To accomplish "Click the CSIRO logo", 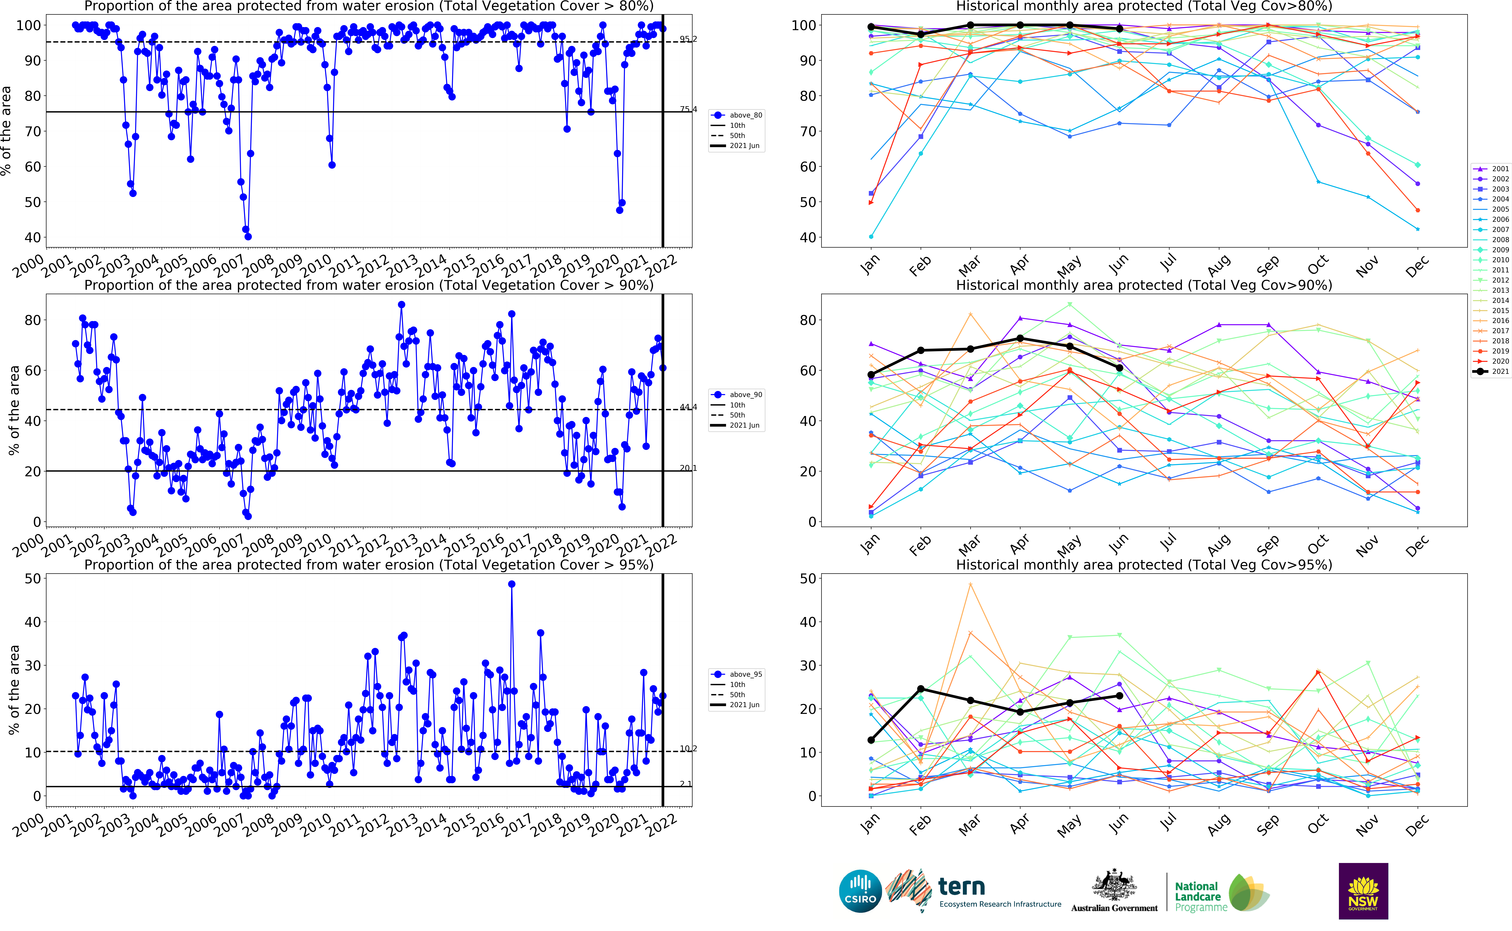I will tap(860, 891).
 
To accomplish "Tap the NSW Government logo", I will tap(1363, 891).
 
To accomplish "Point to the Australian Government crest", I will tap(1114, 887).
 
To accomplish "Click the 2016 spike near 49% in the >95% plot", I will tap(511, 584).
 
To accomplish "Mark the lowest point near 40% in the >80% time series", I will tap(248, 236).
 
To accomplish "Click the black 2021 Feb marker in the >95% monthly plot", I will tap(920, 688).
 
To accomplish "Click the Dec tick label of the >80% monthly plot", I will tap(1416, 266).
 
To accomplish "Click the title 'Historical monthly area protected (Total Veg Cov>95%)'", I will tap(1144, 565).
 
